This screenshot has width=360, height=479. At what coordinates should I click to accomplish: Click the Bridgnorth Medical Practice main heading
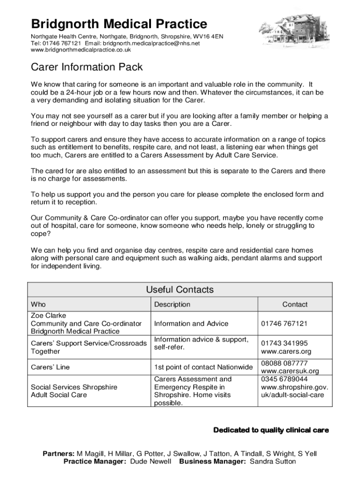tap(119, 24)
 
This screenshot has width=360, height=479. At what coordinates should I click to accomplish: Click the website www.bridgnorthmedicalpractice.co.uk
tap(81, 50)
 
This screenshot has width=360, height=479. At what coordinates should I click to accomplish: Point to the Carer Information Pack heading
tap(86, 68)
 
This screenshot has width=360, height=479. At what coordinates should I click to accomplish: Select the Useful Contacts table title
tap(180, 290)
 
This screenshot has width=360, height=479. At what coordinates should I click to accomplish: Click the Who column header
tap(38, 305)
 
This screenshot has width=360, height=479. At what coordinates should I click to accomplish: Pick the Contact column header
tap(295, 305)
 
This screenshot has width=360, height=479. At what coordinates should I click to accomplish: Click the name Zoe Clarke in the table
tap(49, 315)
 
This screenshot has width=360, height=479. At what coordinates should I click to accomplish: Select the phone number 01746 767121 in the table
tap(284, 323)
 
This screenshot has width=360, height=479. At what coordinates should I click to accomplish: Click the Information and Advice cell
tap(191, 323)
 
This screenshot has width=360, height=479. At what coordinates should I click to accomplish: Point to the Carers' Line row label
tap(50, 367)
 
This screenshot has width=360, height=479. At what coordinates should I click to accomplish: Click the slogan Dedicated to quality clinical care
tap(271, 430)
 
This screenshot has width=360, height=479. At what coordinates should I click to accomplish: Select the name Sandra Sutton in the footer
tap(273, 461)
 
